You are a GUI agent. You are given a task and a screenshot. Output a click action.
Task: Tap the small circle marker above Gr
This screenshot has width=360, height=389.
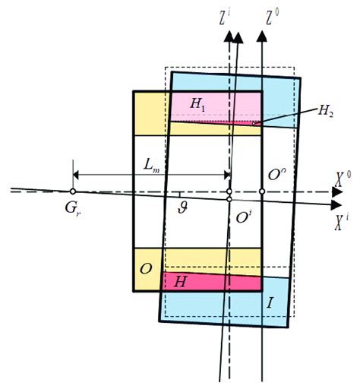(x=73, y=191)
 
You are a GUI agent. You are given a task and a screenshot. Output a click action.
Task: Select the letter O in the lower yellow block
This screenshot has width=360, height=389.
(x=146, y=268)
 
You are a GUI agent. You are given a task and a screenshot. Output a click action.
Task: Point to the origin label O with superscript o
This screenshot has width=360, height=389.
(x=277, y=176)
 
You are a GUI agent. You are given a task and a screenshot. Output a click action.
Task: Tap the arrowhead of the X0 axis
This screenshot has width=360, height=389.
(x=336, y=191)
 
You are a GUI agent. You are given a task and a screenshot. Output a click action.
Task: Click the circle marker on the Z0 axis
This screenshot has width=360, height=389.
(x=261, y=191)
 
